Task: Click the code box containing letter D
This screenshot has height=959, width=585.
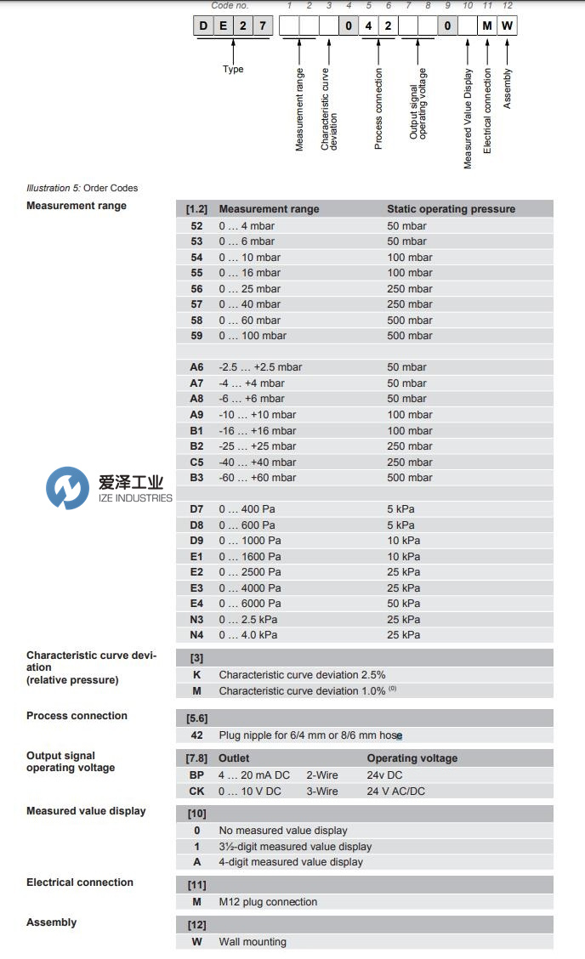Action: [x=203, y=26]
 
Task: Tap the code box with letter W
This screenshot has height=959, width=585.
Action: [x=507, y=26]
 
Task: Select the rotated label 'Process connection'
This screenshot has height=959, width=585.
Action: [x=378, y=109]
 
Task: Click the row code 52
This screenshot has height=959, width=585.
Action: [x=196, y=226]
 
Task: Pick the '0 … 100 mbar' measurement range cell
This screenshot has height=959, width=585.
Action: [x=249, y=336]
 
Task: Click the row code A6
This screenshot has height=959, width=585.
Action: [x=196, y=367]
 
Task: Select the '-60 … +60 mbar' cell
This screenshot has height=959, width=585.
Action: [x=257, y=478]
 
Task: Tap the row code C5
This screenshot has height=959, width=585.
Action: [x=196, y=462]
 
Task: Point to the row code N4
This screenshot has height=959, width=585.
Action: [x=196, y=635]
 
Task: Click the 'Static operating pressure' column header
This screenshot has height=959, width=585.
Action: [x=451, y=209]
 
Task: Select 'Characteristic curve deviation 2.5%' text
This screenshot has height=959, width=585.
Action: [x=302, y=675]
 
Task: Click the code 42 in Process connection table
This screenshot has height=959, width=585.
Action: [x=196, y=735]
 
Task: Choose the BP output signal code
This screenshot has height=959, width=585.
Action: [x=196, y=775]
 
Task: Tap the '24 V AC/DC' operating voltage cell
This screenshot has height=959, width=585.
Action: [x=397, y=792]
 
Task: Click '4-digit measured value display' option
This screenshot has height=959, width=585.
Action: [x=290, y=862]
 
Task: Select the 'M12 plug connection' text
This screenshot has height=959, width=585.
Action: [x=268, y=902]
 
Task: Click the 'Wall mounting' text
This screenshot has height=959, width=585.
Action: [x=252, y=942]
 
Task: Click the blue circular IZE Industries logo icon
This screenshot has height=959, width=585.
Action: [x=67, y=489]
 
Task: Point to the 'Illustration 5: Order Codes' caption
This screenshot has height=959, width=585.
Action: [x=82, y=188]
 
